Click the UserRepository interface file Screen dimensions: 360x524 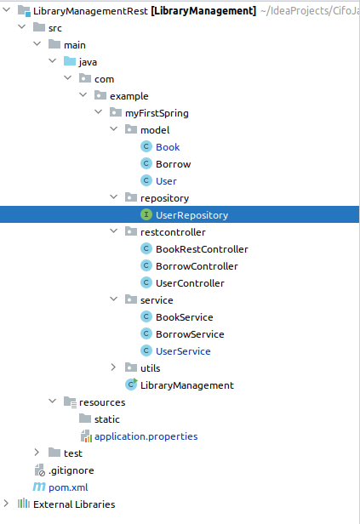tap(191, 215)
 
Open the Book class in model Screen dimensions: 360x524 tap(168, 147)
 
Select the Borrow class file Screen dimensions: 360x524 tap(173, 164)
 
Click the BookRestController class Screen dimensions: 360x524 tap(202, 249)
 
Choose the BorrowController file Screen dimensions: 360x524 tap(197, 266)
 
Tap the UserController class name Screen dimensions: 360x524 tap(190, 283)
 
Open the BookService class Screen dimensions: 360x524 tap(184, 317)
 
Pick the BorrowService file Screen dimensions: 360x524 tap(190, 334)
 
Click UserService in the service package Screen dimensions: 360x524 tap(183, 351)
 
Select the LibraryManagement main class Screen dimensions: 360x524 tap(187, 385)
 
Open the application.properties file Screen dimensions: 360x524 tap(146, 436)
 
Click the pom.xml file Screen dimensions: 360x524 tap(68, 487)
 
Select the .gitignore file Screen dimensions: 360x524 tap(71, 470)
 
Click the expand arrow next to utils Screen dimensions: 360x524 tap(113, 367)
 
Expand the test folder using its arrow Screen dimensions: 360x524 tap(37, 453)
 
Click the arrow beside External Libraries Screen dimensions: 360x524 tap(6, 504)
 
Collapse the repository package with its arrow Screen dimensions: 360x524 tap(114, 197)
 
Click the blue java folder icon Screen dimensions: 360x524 tap(70, 61)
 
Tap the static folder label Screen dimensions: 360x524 tap(106, 419)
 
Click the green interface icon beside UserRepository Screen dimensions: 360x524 tap(146, 214)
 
